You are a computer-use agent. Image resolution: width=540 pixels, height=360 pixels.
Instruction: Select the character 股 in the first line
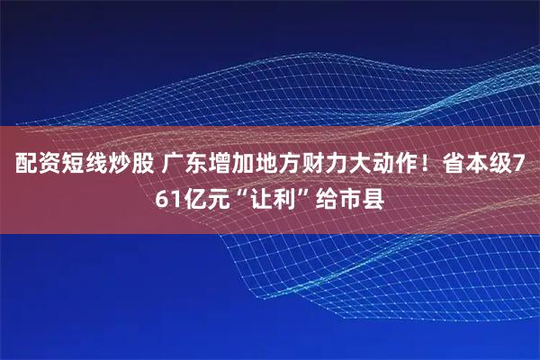point(140,166)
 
